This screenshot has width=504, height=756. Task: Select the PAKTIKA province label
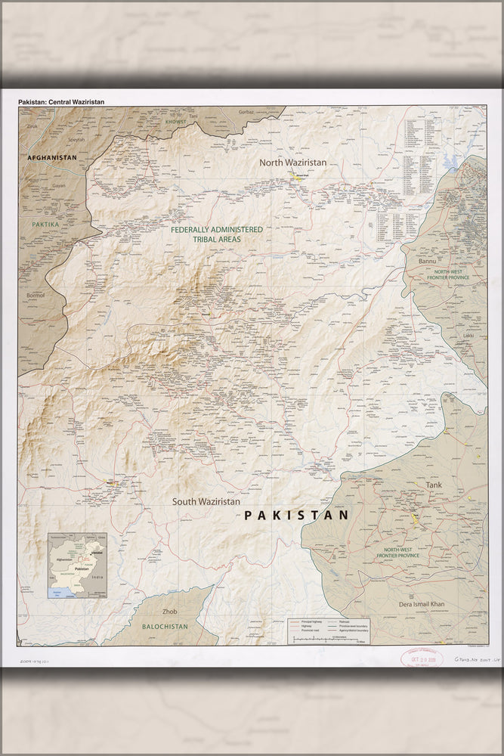[45, 225]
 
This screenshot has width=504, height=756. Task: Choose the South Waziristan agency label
[206, 501]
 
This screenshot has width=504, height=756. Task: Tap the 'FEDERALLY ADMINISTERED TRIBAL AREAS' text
[216, 234]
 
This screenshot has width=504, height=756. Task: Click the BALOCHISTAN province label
[161, 626]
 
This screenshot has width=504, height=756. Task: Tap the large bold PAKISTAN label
[295, 515]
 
